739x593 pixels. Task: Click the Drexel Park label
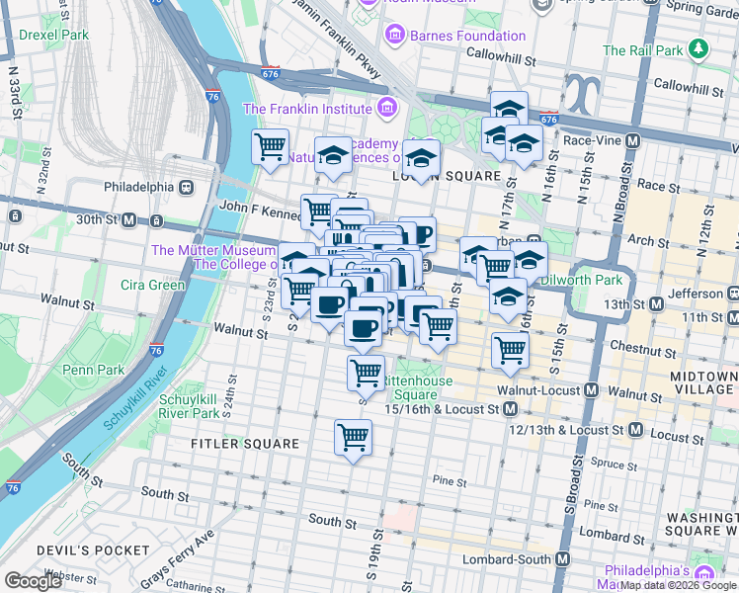pyautogui.click(x=53, y=35)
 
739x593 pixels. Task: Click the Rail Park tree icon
pyautogui.click(x=698, y=48)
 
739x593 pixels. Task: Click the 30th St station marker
pyautogui.click(x=127, y=218)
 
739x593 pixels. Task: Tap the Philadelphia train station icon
pyautogui.click(x=184, y=187)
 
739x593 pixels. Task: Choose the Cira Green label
pyautogui.click(x=152, y=286)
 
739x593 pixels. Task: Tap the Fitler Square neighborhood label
pyautogui.click(x=245, y=444)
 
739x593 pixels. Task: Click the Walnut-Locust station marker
pyautogui.click(x=590, y=390)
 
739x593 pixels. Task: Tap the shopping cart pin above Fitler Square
pyautogui.click(x=353, y=437)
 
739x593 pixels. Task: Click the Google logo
pyautogui.click(x=33, y=581)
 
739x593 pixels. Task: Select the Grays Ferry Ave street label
pyautogui.click(x=178, y=559)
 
